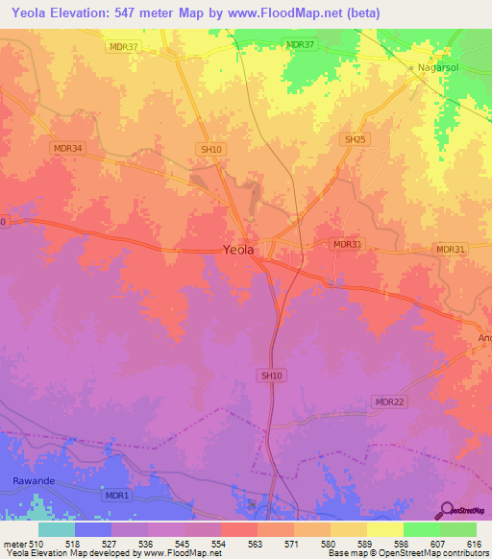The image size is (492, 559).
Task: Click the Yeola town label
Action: point(238,250)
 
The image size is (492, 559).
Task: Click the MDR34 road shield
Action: point(69,148)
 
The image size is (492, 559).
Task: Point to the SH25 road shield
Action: point(356,139)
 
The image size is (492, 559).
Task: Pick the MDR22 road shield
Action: point(389,401)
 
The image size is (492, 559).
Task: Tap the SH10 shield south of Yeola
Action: point(270,376)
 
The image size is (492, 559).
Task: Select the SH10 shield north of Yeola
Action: point(210,149)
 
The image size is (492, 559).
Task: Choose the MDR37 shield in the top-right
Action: point(300,45)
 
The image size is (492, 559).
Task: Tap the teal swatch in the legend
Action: point(56,529)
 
